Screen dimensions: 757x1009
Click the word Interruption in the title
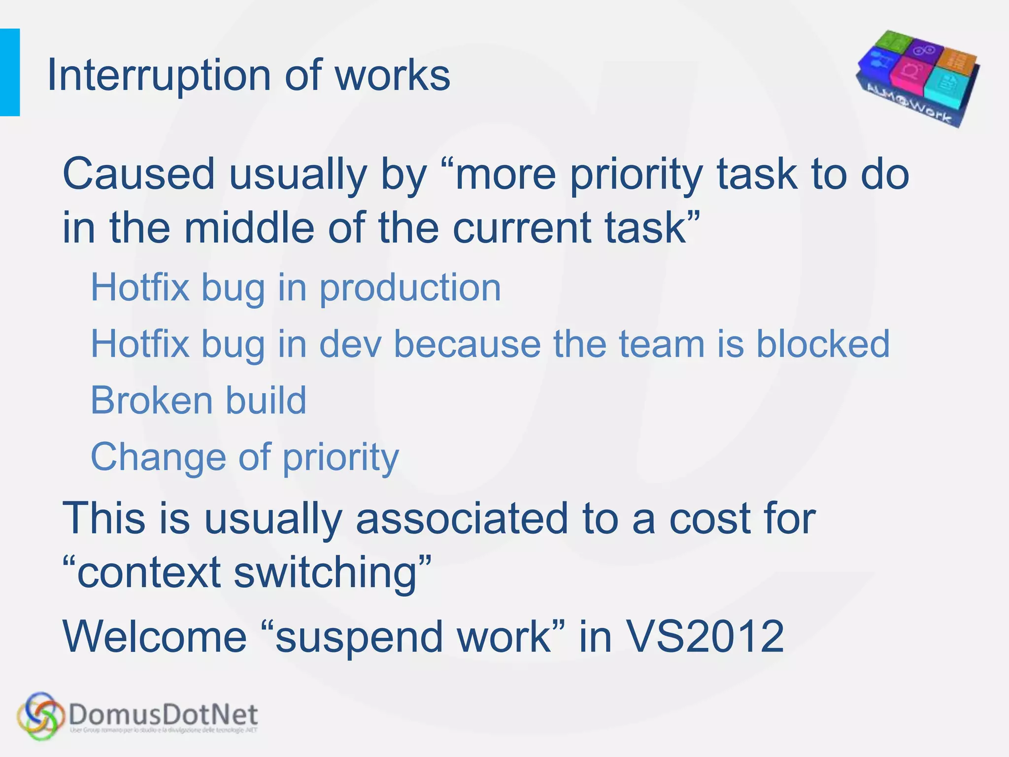pos(159,75)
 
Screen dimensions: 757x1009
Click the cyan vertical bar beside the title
pos(9,72)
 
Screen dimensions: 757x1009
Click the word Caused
pos(139,174)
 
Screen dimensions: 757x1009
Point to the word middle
pos(249,228)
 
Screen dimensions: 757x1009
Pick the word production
pos(410,287)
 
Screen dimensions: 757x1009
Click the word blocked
pos(823,344)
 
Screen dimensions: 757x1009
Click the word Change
pos(158,457)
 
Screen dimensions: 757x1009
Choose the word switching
pos(325,573)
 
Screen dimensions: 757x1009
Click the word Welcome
pos(155,636)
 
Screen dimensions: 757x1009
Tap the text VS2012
pos(705,636)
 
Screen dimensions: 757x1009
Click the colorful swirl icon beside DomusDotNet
pos(41,715)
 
